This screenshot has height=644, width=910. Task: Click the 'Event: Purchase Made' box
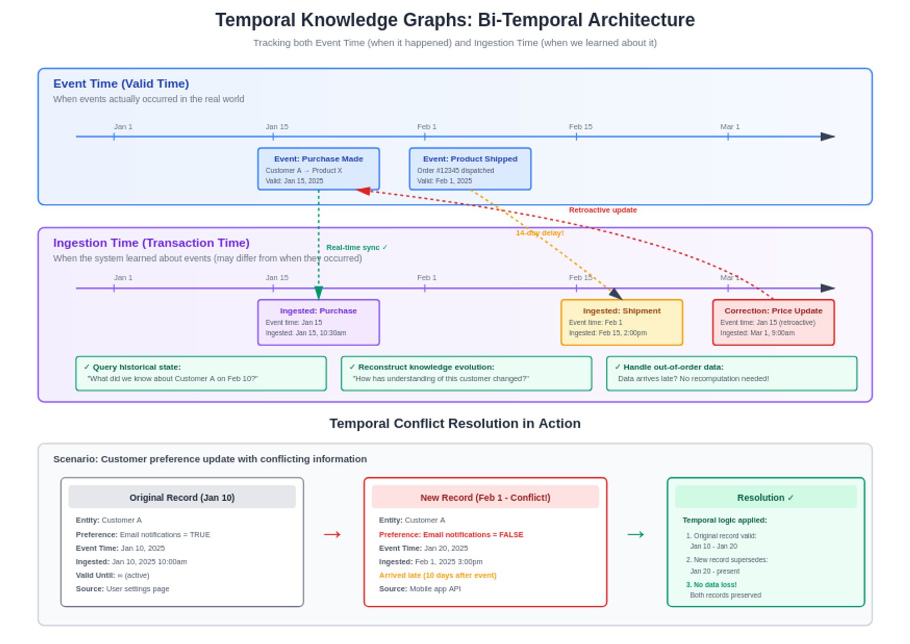click(318, 169)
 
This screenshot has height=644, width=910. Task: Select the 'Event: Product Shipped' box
click(470, 169)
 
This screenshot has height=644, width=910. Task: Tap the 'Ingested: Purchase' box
click(318, 322)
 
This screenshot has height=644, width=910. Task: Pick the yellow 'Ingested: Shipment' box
click(622, 322)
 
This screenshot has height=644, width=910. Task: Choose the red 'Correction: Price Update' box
click(773, 322)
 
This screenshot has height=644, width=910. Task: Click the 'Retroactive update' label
click(603, 210)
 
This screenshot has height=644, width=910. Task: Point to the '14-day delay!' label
click(540, 233)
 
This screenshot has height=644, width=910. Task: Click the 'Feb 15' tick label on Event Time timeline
click(581, 127)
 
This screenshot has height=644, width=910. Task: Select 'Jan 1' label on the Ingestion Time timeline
click(123, 277)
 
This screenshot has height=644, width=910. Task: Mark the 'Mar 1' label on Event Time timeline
click(730, 127)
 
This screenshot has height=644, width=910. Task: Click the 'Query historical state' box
click(201, 373)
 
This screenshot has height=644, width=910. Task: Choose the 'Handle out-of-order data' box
click(732, 373)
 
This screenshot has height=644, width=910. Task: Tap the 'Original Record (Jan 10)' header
click(182, 497)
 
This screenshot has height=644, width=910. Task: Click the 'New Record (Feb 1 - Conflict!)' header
click(485, 497)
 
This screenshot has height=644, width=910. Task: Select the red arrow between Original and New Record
click(332, 534)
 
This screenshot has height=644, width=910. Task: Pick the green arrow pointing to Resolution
click(636, 534)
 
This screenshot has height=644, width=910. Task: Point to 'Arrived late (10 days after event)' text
click(438, 575)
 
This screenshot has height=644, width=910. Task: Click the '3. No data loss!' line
click(711, 585)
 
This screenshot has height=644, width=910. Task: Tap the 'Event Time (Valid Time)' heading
click(121, 84)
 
